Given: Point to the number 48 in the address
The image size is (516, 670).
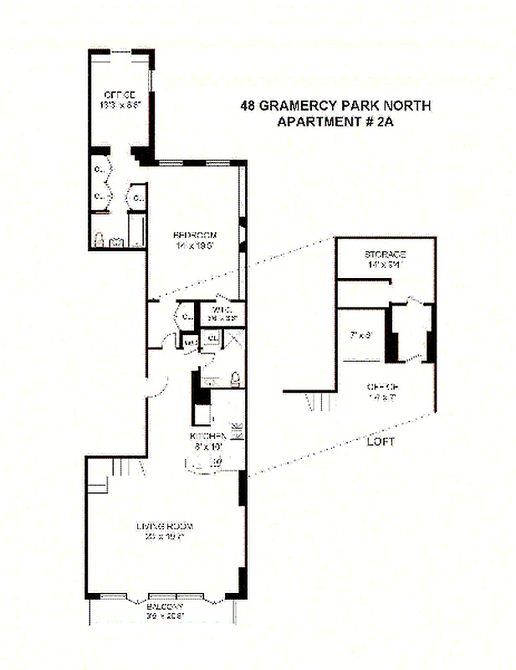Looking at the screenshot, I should pos(248,106).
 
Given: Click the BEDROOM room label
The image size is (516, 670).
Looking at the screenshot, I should pos(195,234).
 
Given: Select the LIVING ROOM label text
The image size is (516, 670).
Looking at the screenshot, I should pos(165,526).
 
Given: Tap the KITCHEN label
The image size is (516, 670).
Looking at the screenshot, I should pos(208,437).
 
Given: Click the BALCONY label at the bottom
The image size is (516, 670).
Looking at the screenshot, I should pos(164,608).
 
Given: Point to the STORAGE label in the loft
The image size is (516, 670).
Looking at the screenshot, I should pos(385,255).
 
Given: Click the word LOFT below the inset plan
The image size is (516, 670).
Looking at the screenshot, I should pos(380,441).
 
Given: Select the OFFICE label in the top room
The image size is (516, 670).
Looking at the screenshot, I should pos(120,94).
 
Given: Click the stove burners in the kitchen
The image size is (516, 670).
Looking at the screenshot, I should pos(237,432).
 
